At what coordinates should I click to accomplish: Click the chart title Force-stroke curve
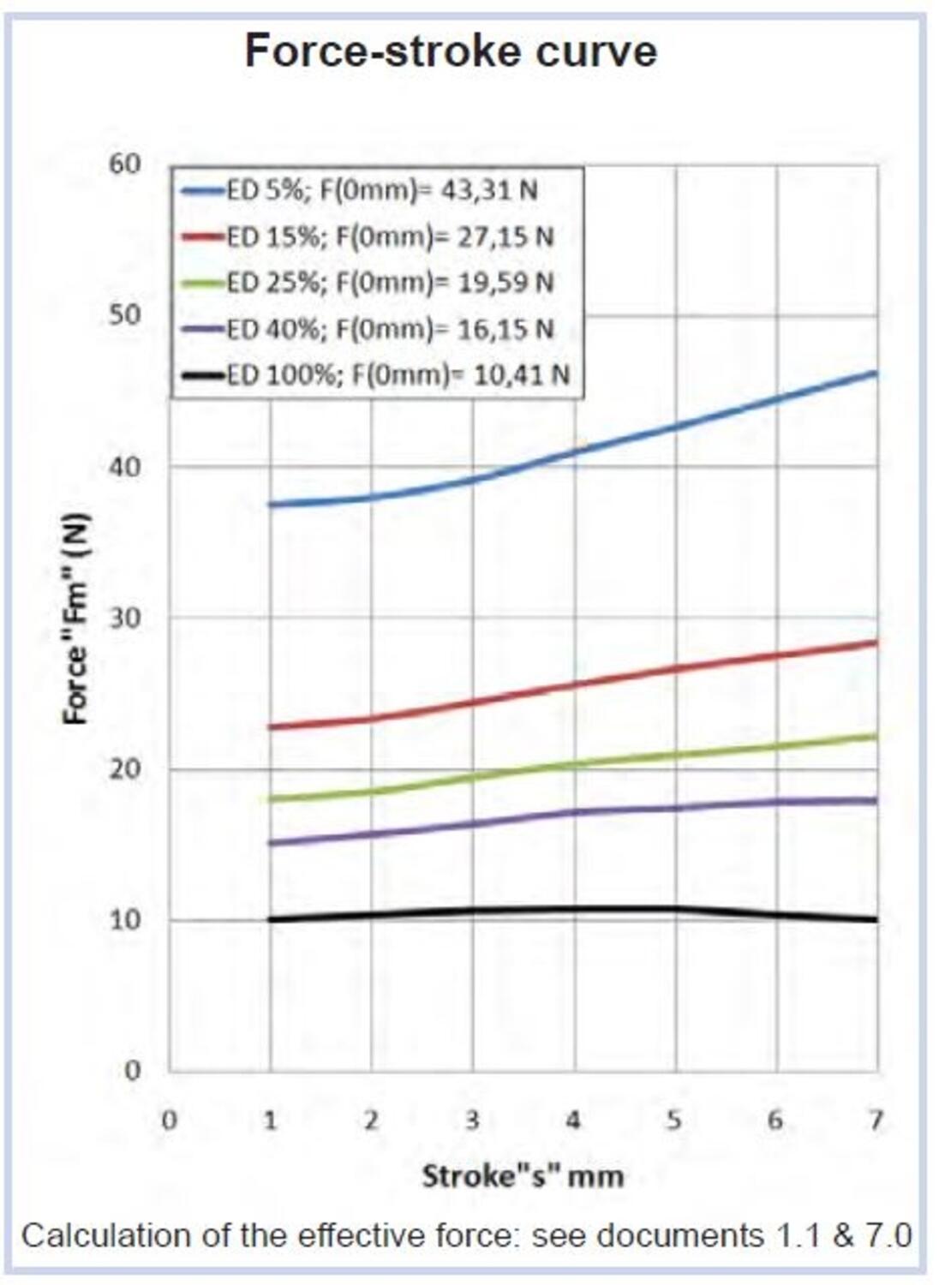point(451,51)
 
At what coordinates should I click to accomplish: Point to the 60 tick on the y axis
point(124,163)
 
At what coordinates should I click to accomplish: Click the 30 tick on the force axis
point(124,617)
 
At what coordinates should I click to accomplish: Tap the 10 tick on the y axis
point(124,919)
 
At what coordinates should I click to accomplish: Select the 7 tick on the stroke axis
point(876,1120)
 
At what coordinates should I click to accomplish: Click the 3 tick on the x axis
point(472,1120)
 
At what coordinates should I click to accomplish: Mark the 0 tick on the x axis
point(170,1120)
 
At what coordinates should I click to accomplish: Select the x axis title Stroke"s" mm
point(523,1175)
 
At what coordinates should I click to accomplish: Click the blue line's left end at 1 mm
point(271,504)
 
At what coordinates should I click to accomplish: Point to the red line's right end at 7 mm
point(876,642)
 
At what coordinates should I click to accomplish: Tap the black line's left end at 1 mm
point(271,919)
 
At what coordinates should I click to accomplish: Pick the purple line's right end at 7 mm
point(876,800)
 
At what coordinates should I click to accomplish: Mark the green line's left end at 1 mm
point(271,798)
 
